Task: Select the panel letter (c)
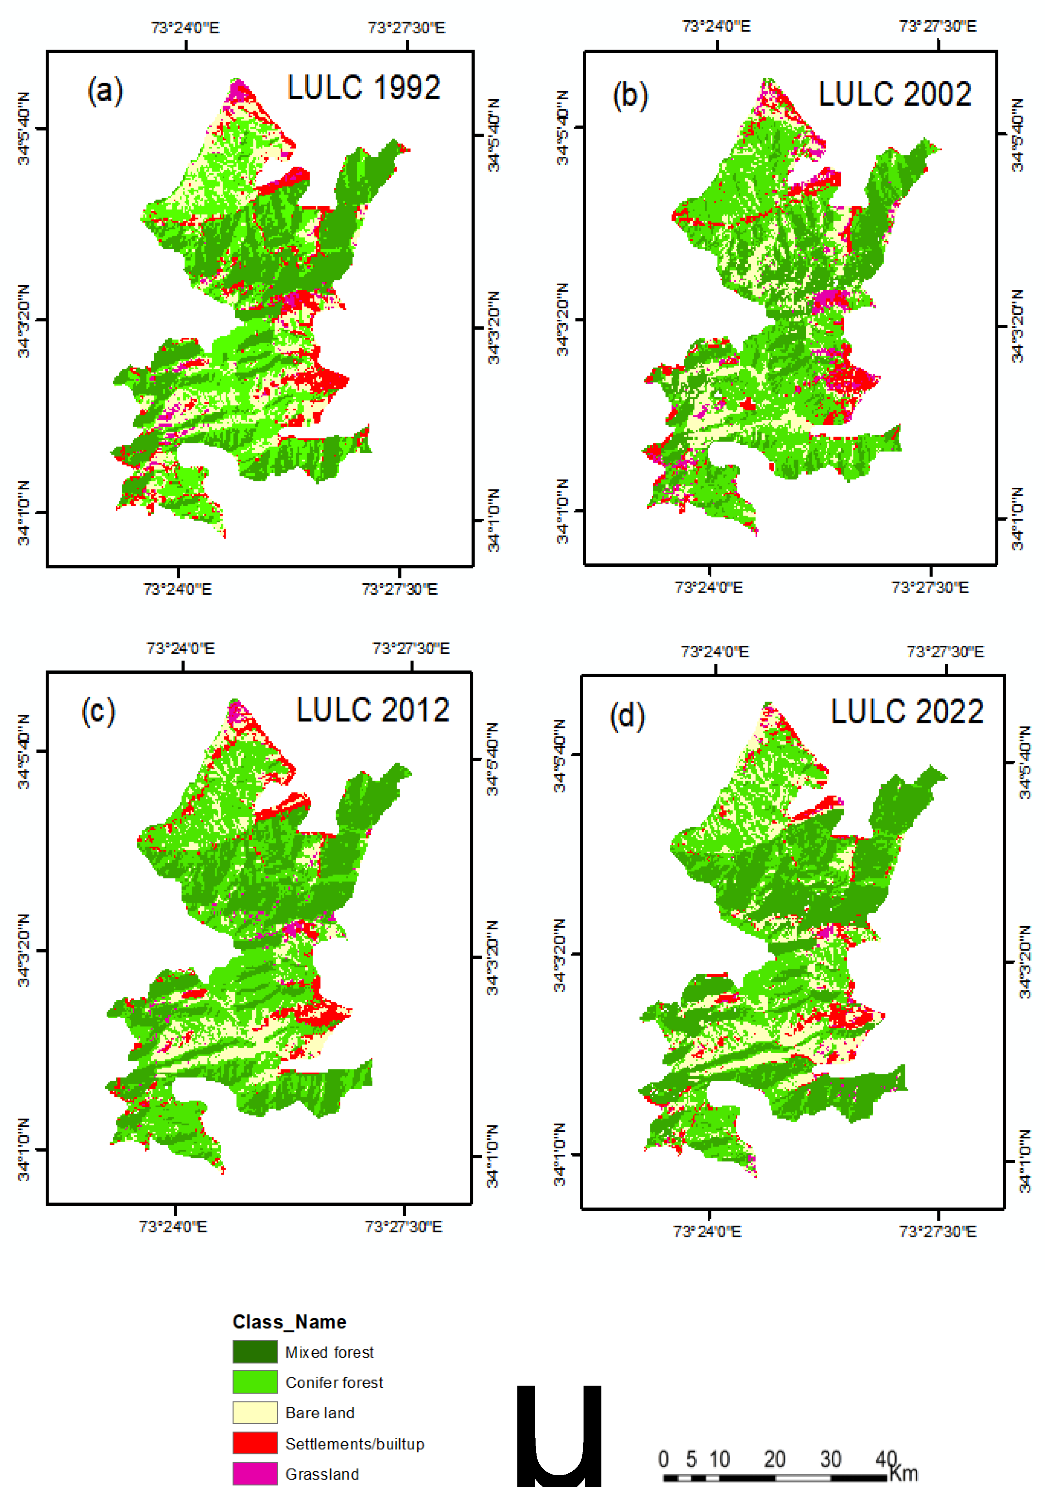point(98,711)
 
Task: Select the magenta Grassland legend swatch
point(254,1473)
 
